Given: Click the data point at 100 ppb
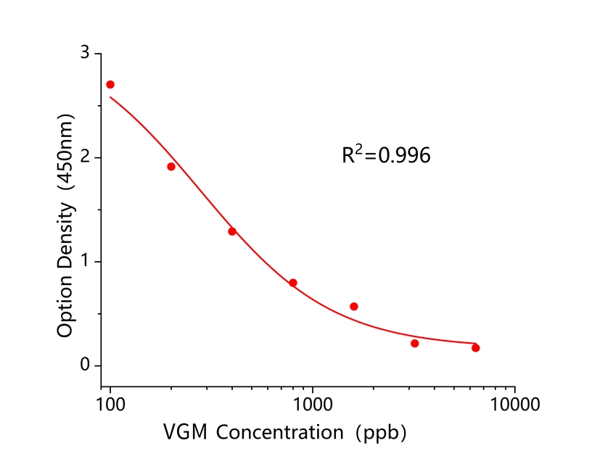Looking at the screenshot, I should tap(110, 85).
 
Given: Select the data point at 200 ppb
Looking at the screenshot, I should tap(171, 167).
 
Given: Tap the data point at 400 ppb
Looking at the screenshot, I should tap(232, 231).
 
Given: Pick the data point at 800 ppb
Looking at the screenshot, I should tap(293, 283).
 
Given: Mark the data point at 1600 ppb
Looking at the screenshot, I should tap(354, 307).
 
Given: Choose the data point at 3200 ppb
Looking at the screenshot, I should tap(414, 343).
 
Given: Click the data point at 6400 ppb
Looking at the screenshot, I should tap(475, 348).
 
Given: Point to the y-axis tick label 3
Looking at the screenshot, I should tap(86, 54).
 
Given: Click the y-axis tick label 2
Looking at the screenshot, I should tap(86, 157).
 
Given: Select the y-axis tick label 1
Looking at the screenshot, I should tap(86, 261).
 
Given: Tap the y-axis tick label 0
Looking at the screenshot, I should tap(86, 365).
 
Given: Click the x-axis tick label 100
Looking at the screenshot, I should tap(110, 401).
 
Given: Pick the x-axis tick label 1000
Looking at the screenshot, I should tap(313, 401).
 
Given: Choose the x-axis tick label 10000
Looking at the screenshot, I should tap(515, 401).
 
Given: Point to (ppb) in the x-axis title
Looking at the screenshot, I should tap(380, 433).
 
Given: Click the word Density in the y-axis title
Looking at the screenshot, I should tap(66, 231).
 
